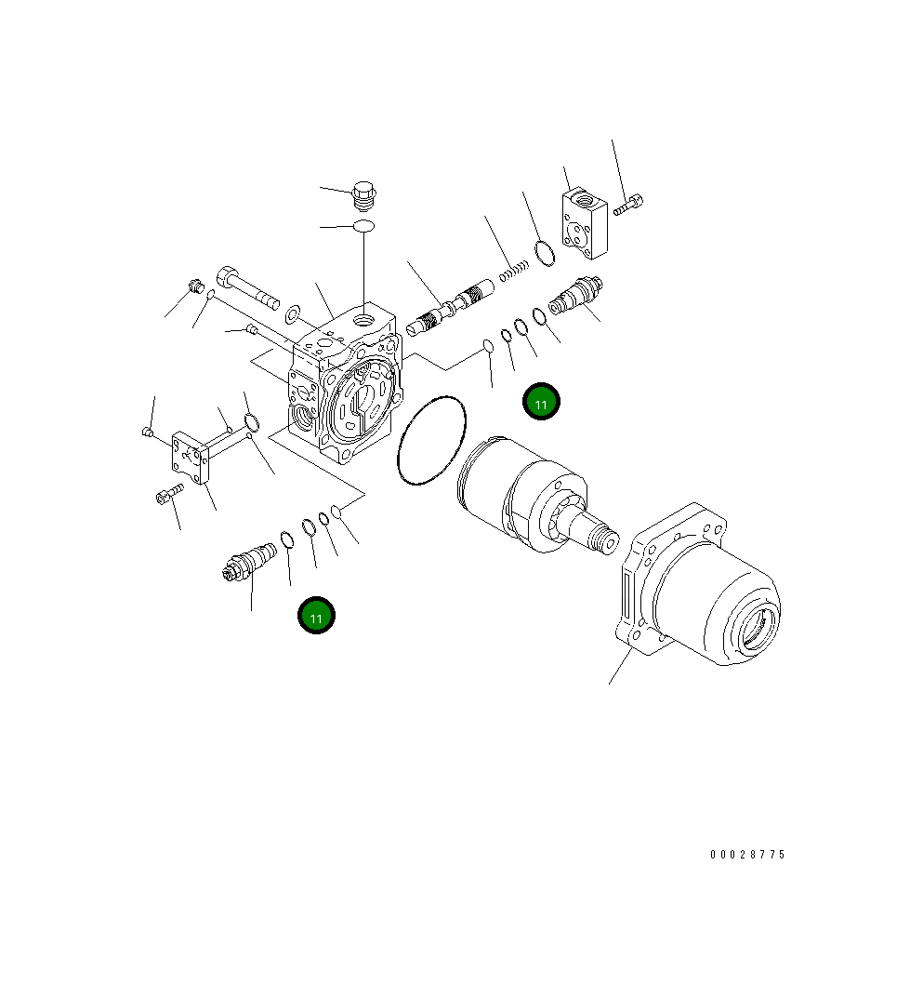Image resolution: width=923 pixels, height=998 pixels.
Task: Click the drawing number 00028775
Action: [x=747, y=855]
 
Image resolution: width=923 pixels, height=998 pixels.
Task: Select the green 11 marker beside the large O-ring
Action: [x=541, y=402]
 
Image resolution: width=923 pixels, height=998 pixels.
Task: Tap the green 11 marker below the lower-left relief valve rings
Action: [x=316, y=616]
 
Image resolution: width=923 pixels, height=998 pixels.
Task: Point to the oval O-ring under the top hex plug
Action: [x=363, y=226]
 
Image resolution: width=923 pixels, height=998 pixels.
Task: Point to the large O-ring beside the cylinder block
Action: [x=431, y=441]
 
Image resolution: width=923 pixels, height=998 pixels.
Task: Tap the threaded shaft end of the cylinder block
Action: [x=604, y=539]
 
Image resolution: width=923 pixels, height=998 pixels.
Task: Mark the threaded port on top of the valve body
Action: [x=363, y=320]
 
